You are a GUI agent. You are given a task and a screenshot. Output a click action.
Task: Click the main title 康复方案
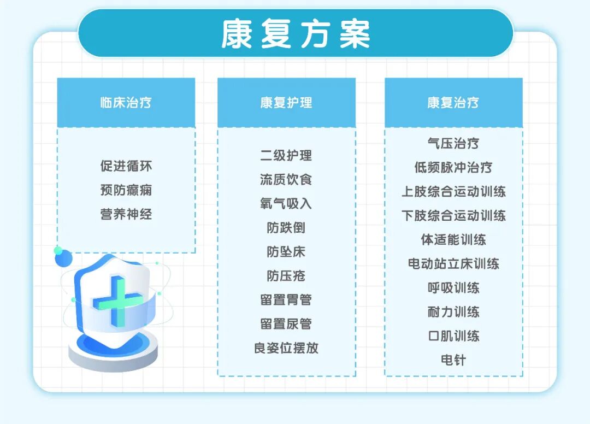(x=296, y=34)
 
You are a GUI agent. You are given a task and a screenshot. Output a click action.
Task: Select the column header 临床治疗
(x=126, y=103)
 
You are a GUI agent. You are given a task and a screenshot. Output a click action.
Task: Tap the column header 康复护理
(x=286, y=103)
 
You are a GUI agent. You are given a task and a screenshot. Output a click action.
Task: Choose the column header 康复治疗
(x=453, y=103)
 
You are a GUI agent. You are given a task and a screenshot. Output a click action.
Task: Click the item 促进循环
(x=126, y=166)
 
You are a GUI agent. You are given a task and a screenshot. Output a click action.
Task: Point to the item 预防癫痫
(x=126, y=190)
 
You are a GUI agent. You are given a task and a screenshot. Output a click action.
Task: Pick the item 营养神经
(x=126, y=214)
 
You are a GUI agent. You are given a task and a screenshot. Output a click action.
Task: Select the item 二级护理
(x=286, y=155)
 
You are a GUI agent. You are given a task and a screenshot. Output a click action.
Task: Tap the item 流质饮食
(x=286, y=179)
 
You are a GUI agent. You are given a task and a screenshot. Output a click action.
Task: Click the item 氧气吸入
(x=286, y=203)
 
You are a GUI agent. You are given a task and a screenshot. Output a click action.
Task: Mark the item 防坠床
(x=286, y=252)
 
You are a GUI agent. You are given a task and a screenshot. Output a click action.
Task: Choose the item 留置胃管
(x=286, y=300)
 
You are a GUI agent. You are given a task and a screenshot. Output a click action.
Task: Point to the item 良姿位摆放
(x=286, y=348)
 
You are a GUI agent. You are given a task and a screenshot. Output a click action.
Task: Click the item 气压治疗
(x=453, y=143)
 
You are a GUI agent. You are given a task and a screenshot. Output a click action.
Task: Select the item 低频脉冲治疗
(x=453, y=167)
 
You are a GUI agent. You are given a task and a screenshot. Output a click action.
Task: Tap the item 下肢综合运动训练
(x=453, y=215)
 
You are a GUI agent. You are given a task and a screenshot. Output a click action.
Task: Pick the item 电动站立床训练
(x=453, y=264)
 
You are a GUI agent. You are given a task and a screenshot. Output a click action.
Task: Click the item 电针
(x=453, y=360)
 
